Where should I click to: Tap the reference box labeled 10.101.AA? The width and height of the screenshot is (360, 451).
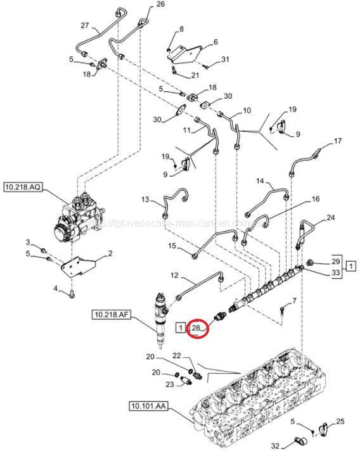pyautogui.click(x=149, y=405)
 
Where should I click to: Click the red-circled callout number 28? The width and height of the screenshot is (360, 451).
pyautogui.click(x=196, y=328)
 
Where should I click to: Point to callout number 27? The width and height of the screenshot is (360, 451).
pyautogui.click(x=85, y=26)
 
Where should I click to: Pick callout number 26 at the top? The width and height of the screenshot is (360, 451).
pyautogui.click(x=159, y=4)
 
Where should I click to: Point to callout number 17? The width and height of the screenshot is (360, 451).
pyautogui.click(x=337, y=141)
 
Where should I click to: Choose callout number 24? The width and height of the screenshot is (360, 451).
pyautogui.click(x=330, y=218)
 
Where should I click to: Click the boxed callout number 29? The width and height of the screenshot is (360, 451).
pyautogui.click(x=336, y=262)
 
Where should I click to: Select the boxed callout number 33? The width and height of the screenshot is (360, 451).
pyautogui.click(x=336, y=272)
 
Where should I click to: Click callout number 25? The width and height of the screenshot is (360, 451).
pyautogui.click(x=340, y=421)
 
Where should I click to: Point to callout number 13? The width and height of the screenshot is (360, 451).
pyautogui.click(x=145, y=200)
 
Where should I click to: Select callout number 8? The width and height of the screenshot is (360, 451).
pyautogui.click(x=181, y=29)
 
